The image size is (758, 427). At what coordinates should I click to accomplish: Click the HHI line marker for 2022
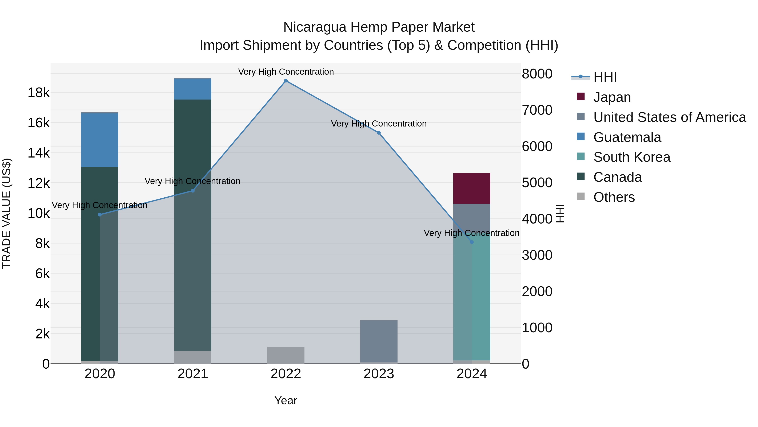(x=286, y=81)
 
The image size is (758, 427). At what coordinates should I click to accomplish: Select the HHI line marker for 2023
(x=379, y=133)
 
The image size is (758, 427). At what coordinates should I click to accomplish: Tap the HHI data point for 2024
(x=472, y=242)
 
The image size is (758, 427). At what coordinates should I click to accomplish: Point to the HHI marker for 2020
(x=100, y=215)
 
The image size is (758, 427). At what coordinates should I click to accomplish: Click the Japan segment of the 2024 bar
(x=472, y=189)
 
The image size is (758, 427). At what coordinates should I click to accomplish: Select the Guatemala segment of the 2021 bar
(x=193, y=89)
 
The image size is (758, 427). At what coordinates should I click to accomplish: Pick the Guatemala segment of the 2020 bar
(x=100, y=140)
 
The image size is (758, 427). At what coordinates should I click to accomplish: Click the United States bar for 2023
(x=379, y=341)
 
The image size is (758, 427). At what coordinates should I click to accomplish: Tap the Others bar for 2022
(x=286, y=355)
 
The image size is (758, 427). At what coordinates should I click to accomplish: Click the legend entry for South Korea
(x=631, y=157)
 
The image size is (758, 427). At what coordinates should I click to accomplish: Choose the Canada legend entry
(x=617, y=177)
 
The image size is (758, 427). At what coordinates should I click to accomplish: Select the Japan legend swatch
(x=581, y=97)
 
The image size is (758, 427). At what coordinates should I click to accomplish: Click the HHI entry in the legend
(x=605, y=77)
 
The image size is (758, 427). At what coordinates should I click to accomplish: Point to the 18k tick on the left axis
(x=39, y=93)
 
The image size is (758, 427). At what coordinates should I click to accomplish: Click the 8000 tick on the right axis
(x=537, y=74)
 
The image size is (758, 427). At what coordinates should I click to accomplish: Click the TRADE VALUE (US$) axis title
(x=7, y=213)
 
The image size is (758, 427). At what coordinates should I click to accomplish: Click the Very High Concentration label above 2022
(x=286, y=72)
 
